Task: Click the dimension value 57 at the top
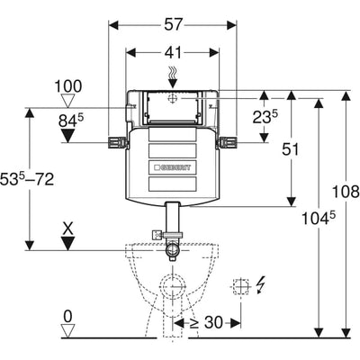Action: (173, 24)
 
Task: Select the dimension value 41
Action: (173, 53)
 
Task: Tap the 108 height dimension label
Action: (346, 192)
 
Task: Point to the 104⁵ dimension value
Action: (318, 218)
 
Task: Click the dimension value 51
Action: (290, 149)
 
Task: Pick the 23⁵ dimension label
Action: (265, 117)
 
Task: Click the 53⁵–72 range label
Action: (27, 179)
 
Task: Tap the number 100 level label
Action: (67, 86)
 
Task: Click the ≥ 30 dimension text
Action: (207, 323)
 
